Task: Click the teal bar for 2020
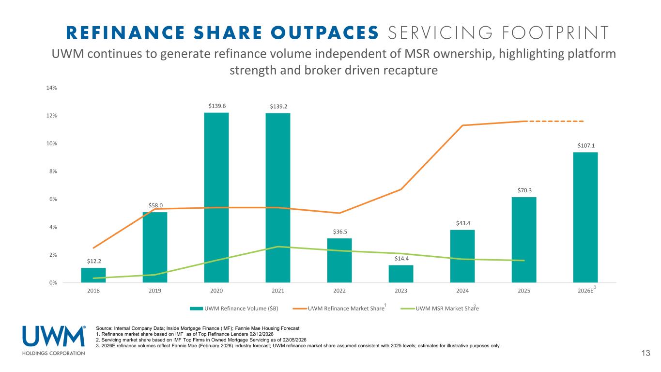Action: pos(216,197)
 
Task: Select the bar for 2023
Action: pos(401,274)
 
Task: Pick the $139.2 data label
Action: pos(278,106)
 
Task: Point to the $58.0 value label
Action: pos(155,205)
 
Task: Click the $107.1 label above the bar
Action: pos(585,145)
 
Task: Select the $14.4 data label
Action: pos(401,259)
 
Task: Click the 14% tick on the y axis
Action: pos(52,88)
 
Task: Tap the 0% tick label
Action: pos(53,282)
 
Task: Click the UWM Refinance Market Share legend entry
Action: pos(346,309)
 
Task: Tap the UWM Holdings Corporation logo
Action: pos(54,340)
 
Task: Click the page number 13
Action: pos(645,353)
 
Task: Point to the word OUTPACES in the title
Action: pos(325,32)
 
